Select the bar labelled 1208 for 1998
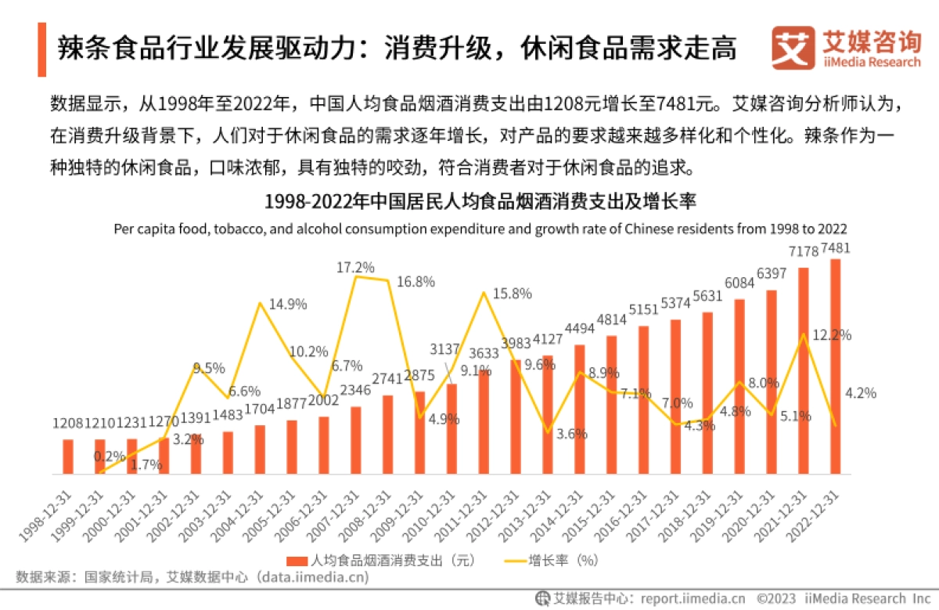click(x=68, y=457)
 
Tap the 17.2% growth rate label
click(x=355, y=267)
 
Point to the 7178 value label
click(x=804, y=251)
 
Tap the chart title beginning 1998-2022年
click(x=480, y=201)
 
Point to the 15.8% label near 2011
click(x=513, y=294)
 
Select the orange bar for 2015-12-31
click(x=612, y=405)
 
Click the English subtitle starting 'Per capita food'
click(x=480, y=229)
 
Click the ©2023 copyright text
click(x=776, y=598)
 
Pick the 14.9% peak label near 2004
click(x=287, y=304)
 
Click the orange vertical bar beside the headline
click(x=41, y=49)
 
